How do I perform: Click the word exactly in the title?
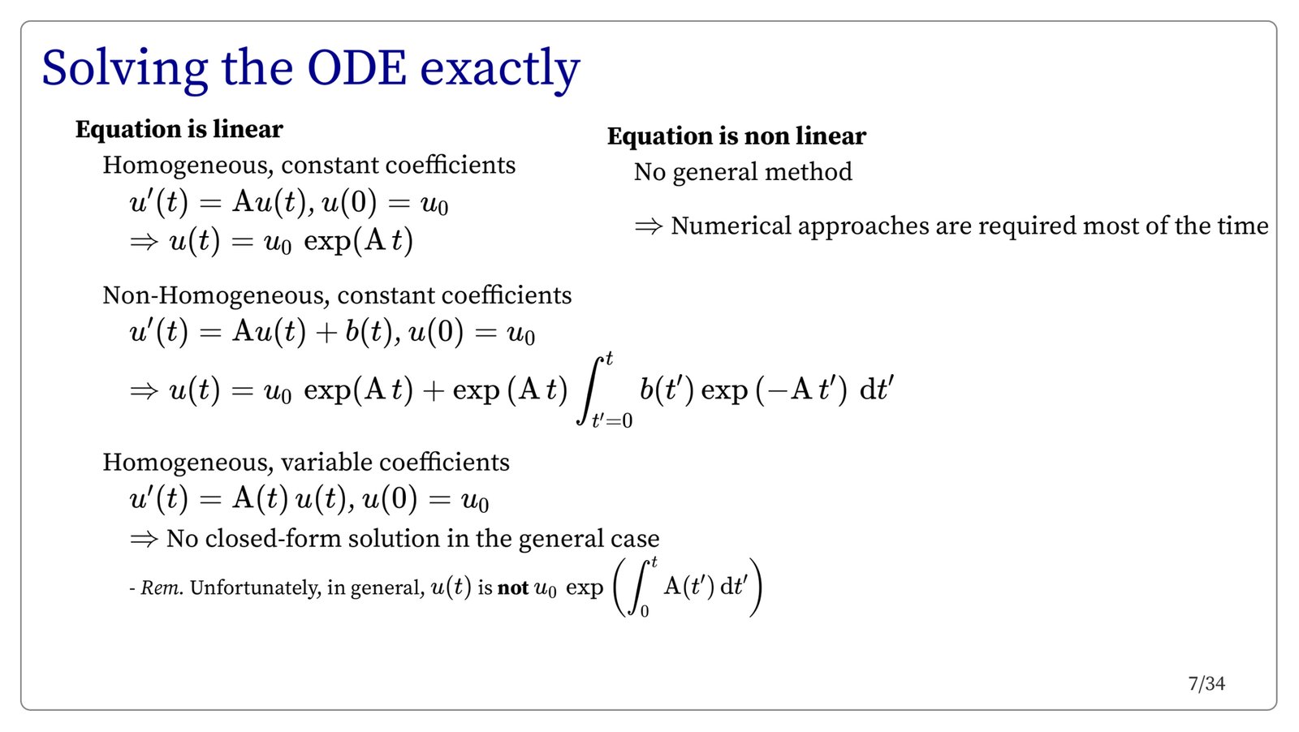point(500,71)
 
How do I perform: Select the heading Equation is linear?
point(179,129)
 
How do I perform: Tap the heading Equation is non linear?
point(736,137)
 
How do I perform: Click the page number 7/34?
point(1206,684)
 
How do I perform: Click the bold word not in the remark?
point(513,588)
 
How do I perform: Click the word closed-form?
point(273,538)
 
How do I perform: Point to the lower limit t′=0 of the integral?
point(612,420)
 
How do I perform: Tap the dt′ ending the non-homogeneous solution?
point(877,388)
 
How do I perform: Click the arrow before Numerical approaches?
point(649,226)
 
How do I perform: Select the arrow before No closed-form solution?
point(144,540)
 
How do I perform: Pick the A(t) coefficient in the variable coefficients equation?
point(261,498)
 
